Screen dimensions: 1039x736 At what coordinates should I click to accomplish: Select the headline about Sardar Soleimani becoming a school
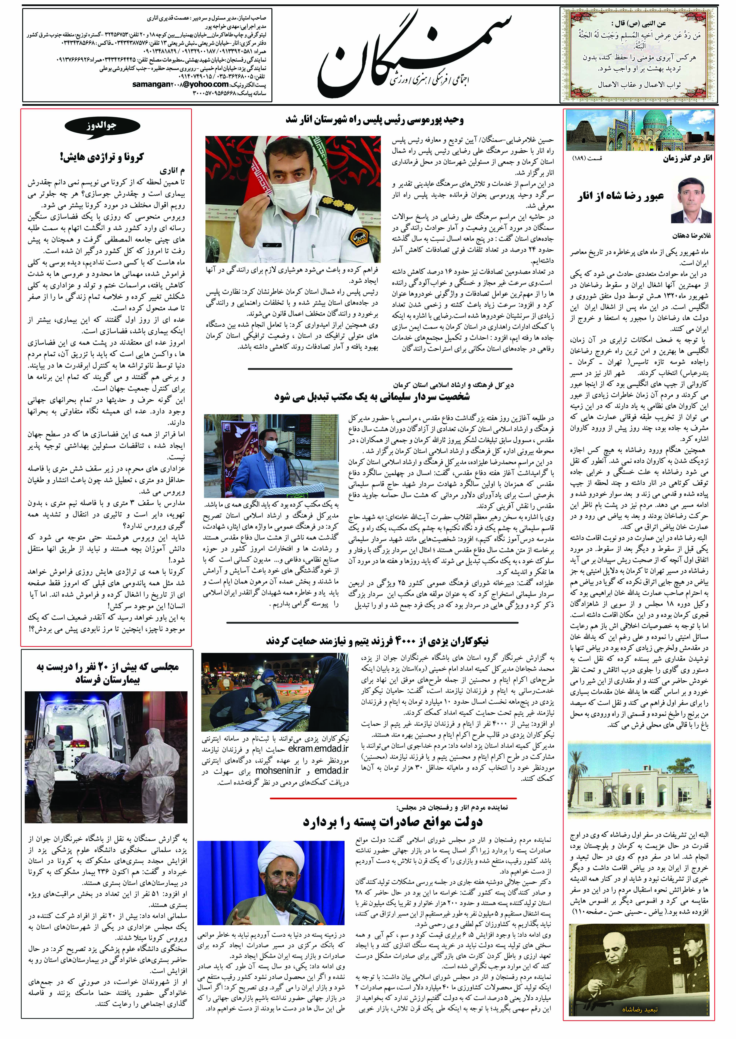pyautogui.click(x=372, y=397)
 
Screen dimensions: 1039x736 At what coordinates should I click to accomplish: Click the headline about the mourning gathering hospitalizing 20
pyautogui.click(x=107, y=673)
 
